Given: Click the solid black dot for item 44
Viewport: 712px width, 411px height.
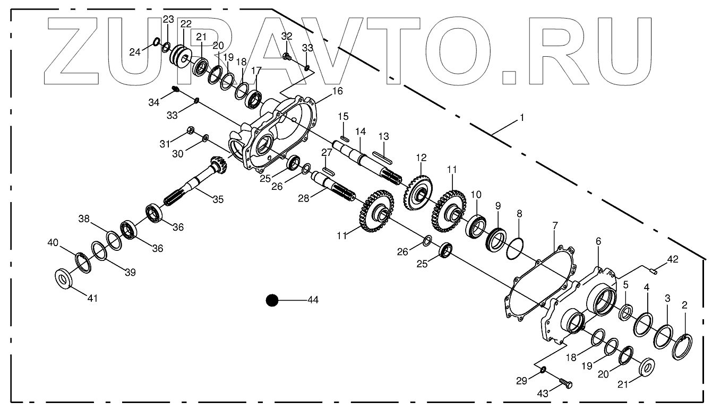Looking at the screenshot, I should click(x=272, y=301).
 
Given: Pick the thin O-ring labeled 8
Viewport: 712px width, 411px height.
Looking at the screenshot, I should click(x=513, y=248).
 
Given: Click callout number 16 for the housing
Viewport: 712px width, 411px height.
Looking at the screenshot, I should click(x=337, y=91).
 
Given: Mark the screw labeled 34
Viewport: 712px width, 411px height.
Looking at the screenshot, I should click(x=176, y=90).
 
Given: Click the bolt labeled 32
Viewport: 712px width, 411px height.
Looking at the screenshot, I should click(x=286, y=56).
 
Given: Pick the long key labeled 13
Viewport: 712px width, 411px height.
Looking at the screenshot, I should click(x=382, y=156).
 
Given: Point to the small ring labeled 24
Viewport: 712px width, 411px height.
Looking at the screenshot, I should click(x=157, y=42).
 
